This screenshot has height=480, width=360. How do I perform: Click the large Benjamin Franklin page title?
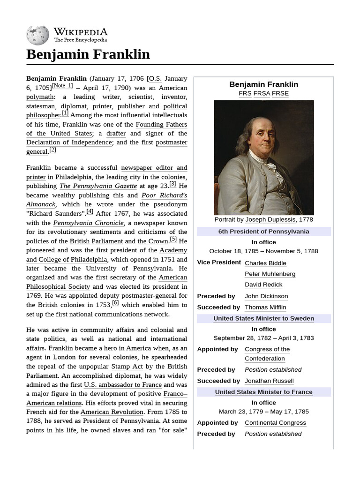88,54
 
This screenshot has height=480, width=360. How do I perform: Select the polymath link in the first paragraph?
40,97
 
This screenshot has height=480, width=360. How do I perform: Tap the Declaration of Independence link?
69,142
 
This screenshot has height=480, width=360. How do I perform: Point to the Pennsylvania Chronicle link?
89,223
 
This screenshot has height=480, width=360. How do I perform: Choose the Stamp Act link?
127,366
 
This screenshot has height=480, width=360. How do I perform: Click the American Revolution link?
112,412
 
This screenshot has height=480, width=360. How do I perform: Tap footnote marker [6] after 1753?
115,303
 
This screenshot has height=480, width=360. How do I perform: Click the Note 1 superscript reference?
62,86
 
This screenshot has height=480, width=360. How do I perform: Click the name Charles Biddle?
265,263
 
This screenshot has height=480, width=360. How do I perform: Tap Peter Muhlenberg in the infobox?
270,274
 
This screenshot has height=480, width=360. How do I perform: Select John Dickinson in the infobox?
266,296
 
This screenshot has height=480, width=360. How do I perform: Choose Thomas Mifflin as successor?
265,307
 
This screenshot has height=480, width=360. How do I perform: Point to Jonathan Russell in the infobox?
269,381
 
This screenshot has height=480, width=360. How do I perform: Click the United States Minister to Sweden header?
263,319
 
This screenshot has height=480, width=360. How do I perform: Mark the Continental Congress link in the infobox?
275,423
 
